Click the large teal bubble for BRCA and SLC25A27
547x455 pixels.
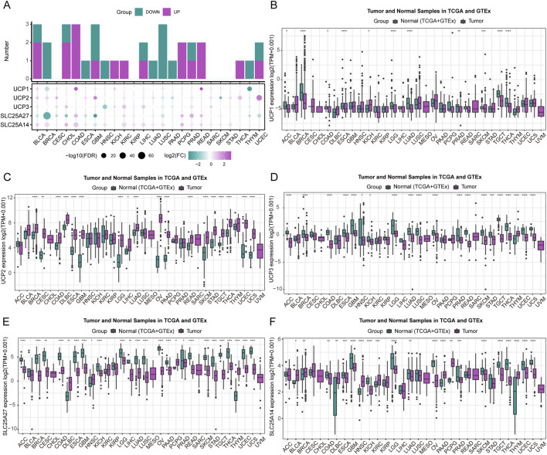click(x=48, y=116)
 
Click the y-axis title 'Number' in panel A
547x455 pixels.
click(x=7, y=51)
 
